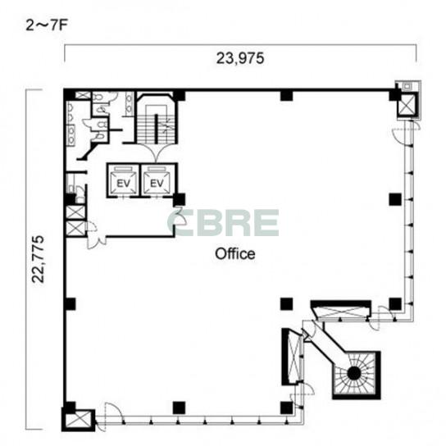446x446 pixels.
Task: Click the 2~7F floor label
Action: (x=47, y=25)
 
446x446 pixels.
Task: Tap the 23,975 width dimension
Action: (x=240, y=58)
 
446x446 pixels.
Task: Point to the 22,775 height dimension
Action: (x=38, y=259)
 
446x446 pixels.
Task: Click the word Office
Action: (x=235, y=253)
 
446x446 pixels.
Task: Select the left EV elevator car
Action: (x=124, y=181)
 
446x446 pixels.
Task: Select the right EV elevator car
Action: (x=157, y=181)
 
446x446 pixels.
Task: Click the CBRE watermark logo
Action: (x=223, y=223)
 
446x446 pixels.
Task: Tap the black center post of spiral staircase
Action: (x=354, y=373)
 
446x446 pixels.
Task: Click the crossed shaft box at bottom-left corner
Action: (x=78, y=421)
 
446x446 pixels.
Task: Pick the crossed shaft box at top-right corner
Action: (x=407, y=104)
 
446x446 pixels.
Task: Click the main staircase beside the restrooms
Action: (x=156, y=123)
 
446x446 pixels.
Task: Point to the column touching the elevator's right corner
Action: (x=180, y=199)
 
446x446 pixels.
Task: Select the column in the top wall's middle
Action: (x=286, y=95)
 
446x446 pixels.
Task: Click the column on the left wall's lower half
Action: (x=71, y=304)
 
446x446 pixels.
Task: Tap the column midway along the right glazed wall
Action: (x=395, y=199)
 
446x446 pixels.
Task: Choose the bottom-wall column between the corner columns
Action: (x=179, y=407)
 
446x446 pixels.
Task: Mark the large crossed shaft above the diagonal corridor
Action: (x=341, y=312)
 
